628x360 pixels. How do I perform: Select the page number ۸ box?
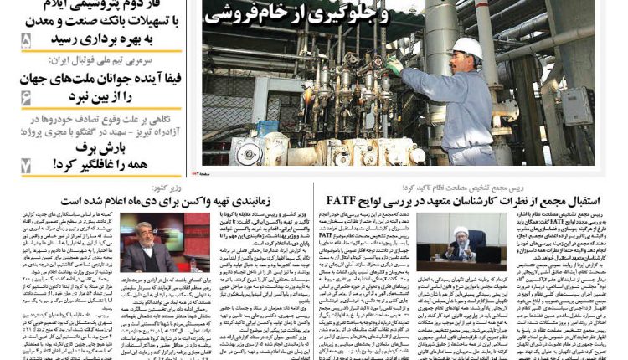tap(25, 40)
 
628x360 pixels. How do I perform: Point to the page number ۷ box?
tap(25, 164)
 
